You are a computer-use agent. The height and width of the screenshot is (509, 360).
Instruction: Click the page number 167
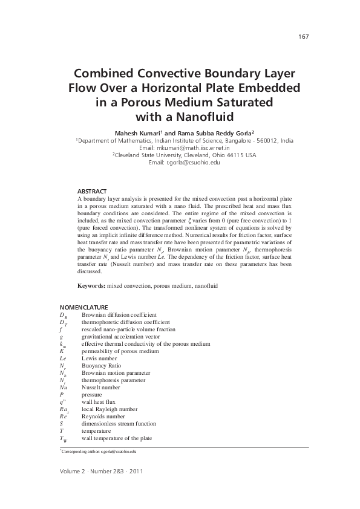[x=304, y=37]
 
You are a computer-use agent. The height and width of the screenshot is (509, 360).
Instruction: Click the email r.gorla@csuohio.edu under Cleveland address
[x=193, y=162]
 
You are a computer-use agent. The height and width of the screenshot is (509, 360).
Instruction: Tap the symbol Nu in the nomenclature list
[x=64, y=387]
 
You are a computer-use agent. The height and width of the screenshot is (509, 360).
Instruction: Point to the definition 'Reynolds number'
[x=103, y=417]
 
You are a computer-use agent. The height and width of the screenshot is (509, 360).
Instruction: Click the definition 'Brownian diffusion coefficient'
[x=119, y=315]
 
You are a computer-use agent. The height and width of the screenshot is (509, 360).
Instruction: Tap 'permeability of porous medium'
[x=120, y=351]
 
